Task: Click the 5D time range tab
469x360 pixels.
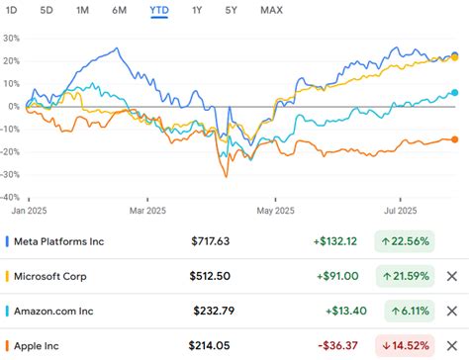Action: tap(47, 11)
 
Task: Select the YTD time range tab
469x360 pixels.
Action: tap(158, 11)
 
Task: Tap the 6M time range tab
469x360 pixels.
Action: tap(120, 11)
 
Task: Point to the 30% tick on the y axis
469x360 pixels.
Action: tap(12, 38)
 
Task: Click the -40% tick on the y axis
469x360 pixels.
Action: tap(12, 196)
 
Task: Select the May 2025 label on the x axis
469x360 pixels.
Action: tap(277, 211)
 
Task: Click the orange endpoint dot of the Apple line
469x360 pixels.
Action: tap(454, 140)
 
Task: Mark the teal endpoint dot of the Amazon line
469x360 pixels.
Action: tap(454, 93)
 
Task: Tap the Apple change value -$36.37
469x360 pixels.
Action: tap(339, 346)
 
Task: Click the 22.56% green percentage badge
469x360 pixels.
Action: tap(406, 240)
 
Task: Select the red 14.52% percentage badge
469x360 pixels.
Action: tap(406, 346)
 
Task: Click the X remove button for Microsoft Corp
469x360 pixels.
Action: tap(452, 276)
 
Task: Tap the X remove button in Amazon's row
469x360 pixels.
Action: tap(452, 312)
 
